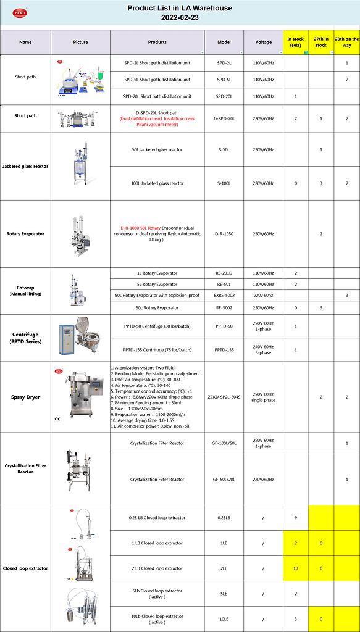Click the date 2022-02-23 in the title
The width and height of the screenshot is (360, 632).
(x=180, y=17)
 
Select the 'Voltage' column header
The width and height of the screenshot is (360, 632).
(x=263, y=42)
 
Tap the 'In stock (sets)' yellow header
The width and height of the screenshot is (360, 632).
(x=296, y=42)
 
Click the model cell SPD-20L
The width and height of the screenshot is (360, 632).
(x=224, y=96)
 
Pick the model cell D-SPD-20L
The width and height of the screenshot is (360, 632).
(x=224, y=118)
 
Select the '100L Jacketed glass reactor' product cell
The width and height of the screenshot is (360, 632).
(x=157, y=183)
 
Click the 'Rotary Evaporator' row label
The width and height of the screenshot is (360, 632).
(x=25, y=234)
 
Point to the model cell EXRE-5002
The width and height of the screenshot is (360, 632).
(x=224, y=296)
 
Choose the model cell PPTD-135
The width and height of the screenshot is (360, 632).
(x=224, y=350)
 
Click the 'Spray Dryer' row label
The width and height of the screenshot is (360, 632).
(x=25, y=397)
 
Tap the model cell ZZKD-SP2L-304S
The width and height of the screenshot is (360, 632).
(x=224, y=397)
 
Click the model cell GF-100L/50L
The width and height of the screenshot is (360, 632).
(x=224, y=443)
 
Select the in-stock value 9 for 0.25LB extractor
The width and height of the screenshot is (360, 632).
(x=296, y=518)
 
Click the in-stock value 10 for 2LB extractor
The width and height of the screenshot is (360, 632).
(x=296, y=568)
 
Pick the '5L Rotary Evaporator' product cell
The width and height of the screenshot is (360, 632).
(x=157, y=285)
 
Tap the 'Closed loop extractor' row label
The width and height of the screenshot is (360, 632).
(x=25, y=568)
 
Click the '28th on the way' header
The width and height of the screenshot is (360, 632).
(x=347, y=42)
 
